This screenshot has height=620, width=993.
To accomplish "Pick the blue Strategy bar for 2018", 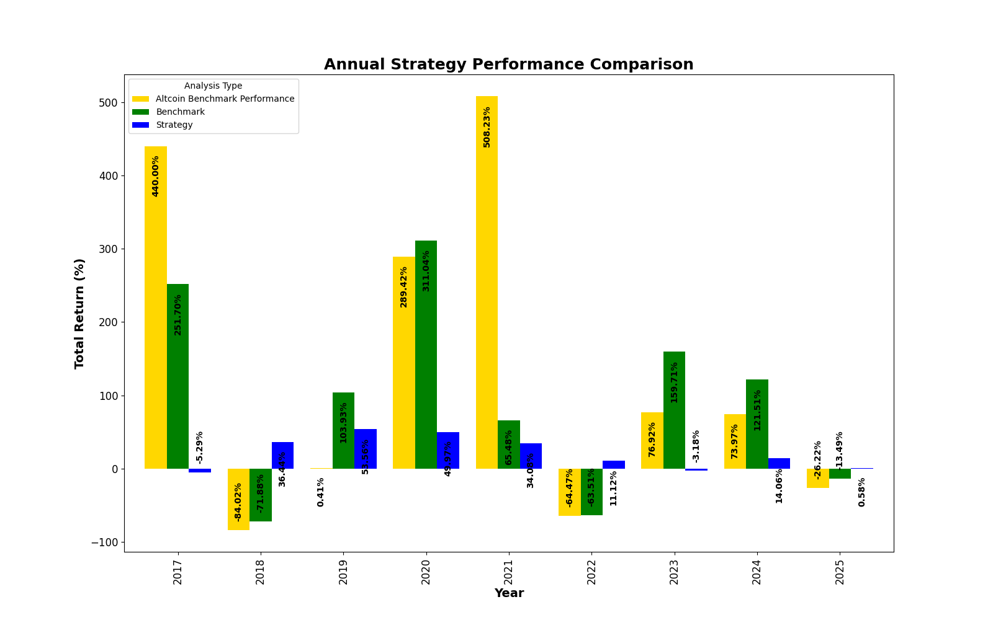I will [x=282, y=455].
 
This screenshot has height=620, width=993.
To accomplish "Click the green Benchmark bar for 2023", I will [x=674, y=410].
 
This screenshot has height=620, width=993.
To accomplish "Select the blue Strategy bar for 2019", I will [x=365, y=449].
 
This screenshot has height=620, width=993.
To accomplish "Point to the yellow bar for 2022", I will [x=569, y=492].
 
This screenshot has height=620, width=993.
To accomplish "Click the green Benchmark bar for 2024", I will [x=757, y=424].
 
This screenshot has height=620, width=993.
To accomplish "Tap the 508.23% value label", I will [x=487, y=127].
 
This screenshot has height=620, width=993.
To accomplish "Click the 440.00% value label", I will [x=155, y=176].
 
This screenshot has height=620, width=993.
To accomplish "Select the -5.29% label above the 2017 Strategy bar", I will [x=199, y=448].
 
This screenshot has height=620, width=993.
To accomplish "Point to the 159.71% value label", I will [x=674, y=383].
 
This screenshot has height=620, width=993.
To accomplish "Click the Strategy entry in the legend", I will [x=174, y=125].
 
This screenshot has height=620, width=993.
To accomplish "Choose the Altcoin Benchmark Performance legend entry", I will [x=225, y=99].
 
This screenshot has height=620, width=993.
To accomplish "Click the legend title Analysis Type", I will [x=213, y=86].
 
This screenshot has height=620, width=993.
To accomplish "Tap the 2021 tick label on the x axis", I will [x=509, y=572].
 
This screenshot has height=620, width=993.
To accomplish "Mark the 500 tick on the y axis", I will [x=108, y=103].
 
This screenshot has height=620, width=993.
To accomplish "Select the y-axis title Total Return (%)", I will [x=79, y=314].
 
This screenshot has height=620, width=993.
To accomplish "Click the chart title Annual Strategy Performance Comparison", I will [x=508, y=64].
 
